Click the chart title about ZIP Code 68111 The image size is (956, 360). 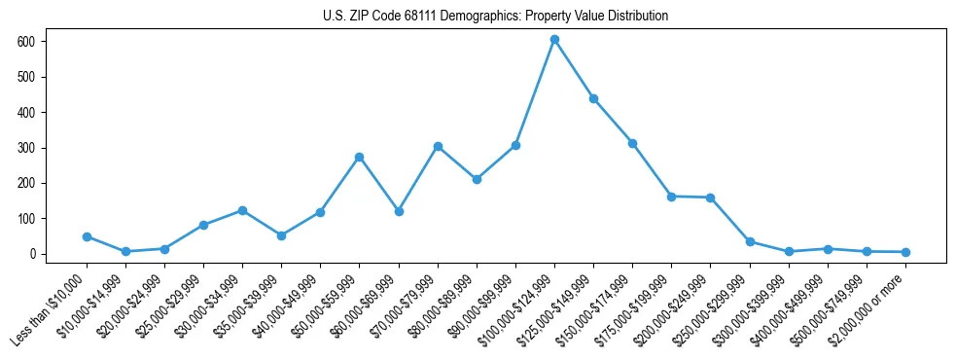495,17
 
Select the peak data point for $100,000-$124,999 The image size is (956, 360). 554,40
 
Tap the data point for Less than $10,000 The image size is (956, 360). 87,236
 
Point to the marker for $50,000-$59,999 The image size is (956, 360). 359,157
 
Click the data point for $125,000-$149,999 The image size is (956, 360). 593,98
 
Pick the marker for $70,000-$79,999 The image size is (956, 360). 438,146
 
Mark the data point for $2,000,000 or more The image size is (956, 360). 905,252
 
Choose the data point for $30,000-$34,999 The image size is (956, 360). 242,210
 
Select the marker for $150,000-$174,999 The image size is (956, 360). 632,143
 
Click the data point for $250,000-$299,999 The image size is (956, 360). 750,241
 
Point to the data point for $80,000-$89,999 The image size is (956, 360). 477,179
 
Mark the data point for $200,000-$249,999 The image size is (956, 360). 711,198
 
